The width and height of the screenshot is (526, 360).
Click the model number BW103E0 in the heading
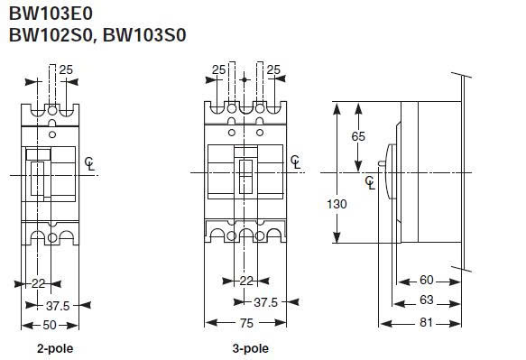pos(51,14)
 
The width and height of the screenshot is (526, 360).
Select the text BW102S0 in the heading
pos(51,35)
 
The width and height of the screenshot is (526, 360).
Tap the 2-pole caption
pos(55,349)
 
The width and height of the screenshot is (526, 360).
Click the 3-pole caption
pos(251,349)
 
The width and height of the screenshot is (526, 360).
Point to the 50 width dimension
pos(50,325)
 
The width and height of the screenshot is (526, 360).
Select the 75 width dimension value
pos(246,323)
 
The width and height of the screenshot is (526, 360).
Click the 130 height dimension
pos(337,204)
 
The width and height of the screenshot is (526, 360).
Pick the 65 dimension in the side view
pos(358,136)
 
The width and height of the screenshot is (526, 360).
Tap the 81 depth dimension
pos(426,322)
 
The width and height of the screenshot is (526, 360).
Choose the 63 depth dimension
pos(427,300)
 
